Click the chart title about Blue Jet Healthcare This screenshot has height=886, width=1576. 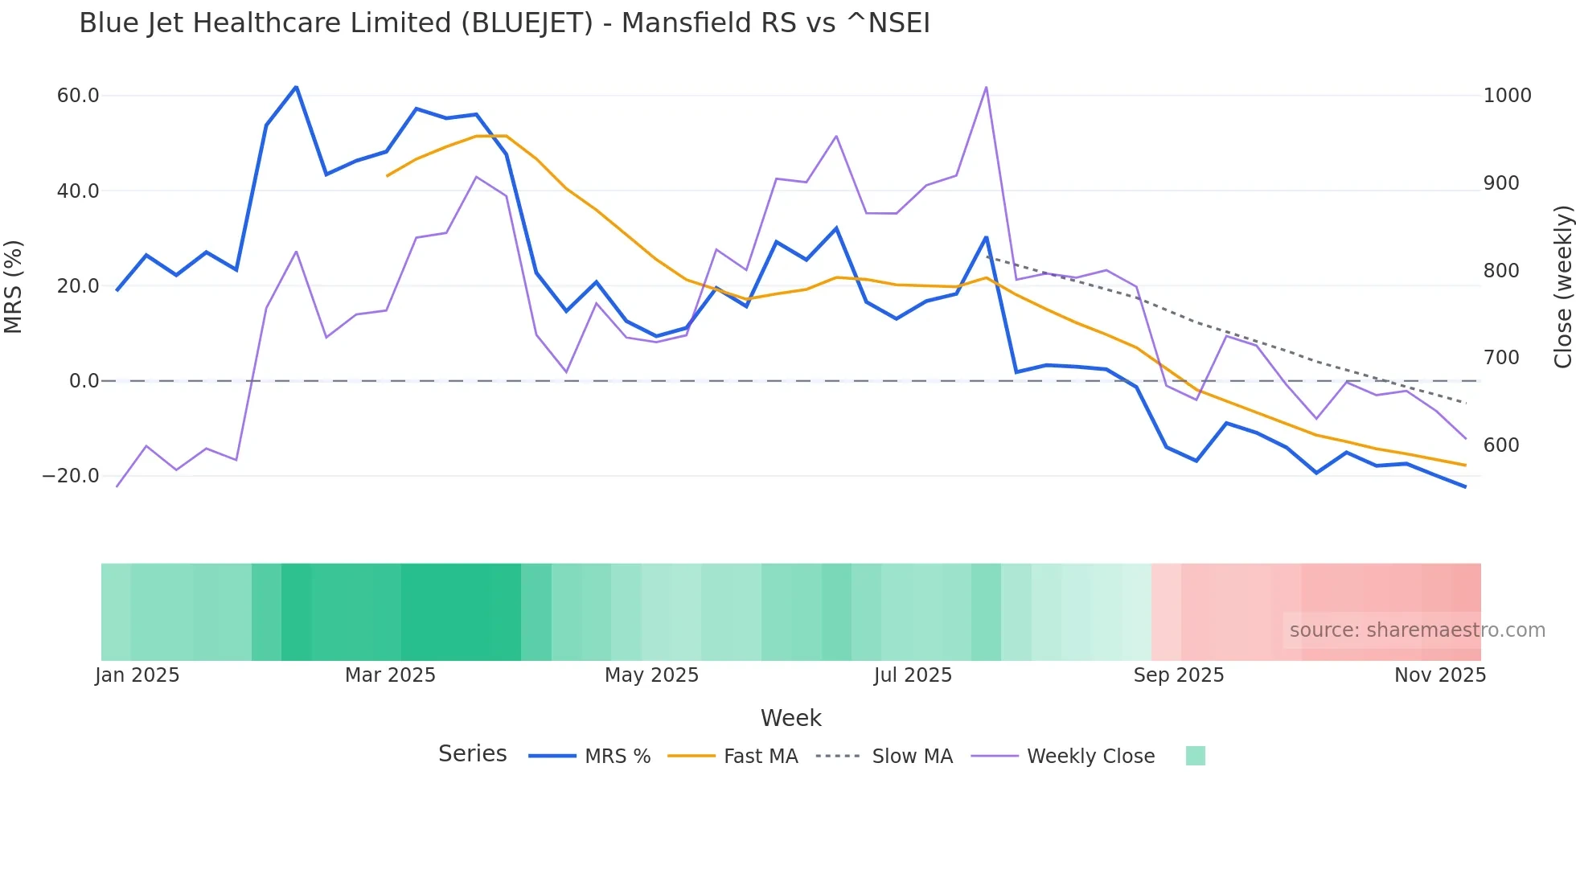504,23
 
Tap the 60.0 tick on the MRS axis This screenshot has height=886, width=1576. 78,96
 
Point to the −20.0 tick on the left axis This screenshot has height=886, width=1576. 71,476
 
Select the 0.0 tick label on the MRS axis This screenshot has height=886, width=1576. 84,381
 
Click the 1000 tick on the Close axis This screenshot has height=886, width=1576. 1507,96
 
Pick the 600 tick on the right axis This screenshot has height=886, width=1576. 1501,445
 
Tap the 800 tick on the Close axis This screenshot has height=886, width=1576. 1501,271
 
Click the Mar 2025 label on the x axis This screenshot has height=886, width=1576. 390,675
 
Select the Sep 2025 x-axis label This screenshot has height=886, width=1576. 1178,675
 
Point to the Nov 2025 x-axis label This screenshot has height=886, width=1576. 1439,675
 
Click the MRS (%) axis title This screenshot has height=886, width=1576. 14,286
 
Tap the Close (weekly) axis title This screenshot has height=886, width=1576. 1562,286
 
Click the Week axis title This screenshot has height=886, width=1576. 790,718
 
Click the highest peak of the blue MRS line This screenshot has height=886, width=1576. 296,87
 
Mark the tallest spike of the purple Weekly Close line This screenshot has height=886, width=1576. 986,87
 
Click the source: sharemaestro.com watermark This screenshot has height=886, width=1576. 1417,630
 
